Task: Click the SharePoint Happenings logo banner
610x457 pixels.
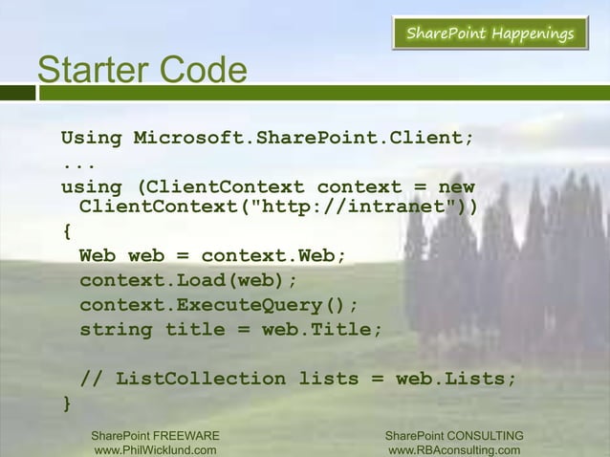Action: point(490,35)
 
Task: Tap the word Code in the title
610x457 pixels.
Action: point(202,70)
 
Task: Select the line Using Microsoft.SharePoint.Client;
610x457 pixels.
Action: point(268,138)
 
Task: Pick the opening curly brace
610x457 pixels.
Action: point(67,232)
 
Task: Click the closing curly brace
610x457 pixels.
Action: point(67,403)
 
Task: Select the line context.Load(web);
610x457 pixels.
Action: point(188,281)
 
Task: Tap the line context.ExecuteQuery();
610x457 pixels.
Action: point(219,305)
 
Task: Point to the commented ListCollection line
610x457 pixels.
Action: point(297,379)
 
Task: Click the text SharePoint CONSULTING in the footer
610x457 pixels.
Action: point(453,436)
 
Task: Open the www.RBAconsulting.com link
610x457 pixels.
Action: point(453,450)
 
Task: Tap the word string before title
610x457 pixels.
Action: point(116,330)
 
